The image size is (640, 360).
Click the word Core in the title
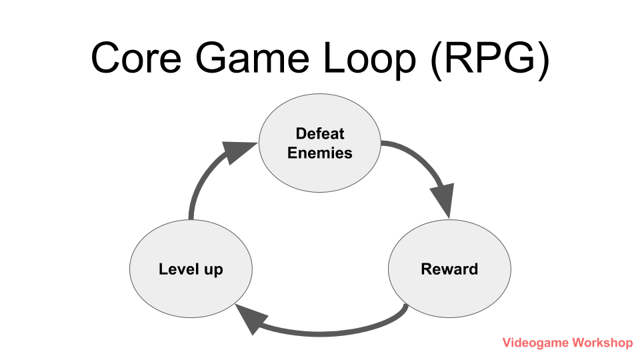pyautogui.click(x=137, y=58)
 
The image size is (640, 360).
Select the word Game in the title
pyautogui.click(x=253, y=58)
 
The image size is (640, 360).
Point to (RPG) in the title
pyautogui.click(x=490, y=59)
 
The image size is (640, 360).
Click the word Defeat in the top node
pyautogui.click(x=320, y=133)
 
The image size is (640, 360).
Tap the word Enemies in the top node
pyautogui.click(x=320, y=153)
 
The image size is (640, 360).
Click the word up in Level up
pyautogui.click(x=213, y=271)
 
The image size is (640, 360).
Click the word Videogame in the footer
pyautogui.click(x=534, y=343)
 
